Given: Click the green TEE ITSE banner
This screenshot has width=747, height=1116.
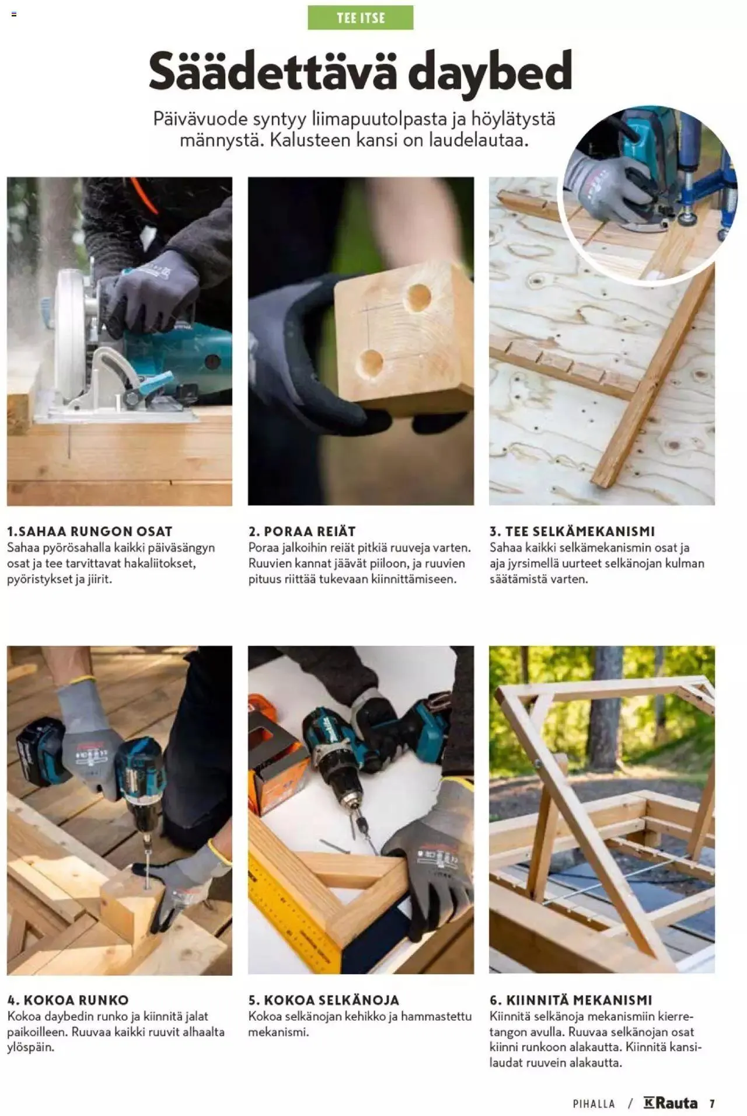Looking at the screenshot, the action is (360, 18).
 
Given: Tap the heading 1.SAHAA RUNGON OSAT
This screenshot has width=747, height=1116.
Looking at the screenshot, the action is (90, 531).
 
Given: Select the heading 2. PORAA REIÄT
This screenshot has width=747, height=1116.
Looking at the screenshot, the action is (302, 531).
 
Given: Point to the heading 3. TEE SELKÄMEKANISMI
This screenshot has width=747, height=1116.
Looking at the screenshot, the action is (572, 531).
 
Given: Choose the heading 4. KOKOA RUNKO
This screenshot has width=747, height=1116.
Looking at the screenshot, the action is (68, 1000).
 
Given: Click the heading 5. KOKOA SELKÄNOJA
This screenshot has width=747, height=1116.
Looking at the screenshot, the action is (323, 1000).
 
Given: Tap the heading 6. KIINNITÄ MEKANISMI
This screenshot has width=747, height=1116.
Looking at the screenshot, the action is (570, 1000).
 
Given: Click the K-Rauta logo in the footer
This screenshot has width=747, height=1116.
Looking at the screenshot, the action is (671, 1103).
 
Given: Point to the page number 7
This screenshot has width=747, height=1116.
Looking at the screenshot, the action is (712, 1104).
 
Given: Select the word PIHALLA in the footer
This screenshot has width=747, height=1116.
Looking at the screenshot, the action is (594, 1104).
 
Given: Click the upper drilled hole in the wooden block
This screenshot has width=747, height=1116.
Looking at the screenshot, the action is (418, 297).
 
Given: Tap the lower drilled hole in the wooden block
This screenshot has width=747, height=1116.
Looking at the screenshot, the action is (371, 363).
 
